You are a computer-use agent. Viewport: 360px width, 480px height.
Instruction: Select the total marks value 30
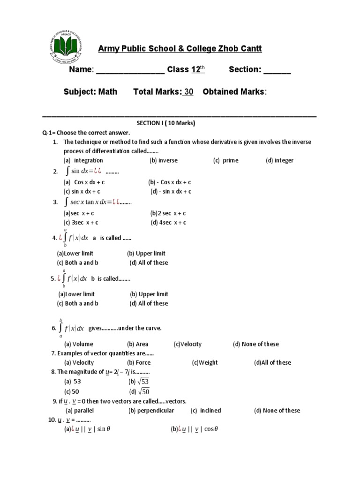pos(188,92)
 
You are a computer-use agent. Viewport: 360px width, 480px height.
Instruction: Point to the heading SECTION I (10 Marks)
pos(165,123)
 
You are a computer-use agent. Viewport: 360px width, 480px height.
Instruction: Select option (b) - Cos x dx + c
pos(170,182)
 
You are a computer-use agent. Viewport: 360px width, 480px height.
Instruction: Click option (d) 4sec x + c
pos(169,223)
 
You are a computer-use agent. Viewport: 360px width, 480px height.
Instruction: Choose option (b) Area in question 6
pos(137,344)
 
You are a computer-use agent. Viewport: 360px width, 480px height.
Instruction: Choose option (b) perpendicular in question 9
pos(151,411)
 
